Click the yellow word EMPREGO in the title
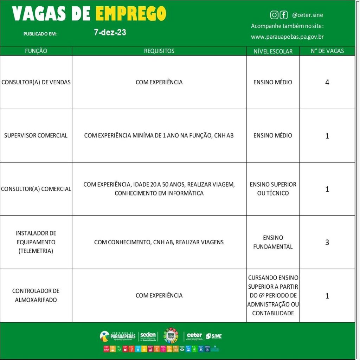pyautogui.click(x=131, y=14)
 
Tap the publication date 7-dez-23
pyautogui.click(x=110, y=33)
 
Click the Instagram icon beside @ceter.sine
pyautogui.click(x=274, y=15)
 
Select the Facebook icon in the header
pyautogui.click(x=283, y=15)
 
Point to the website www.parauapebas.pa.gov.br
pyautogui.click(x=287, y=37)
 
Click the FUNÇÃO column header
pyautogui.click(x=36, y=51)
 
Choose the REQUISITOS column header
pyautogui.click(x=159, y=51)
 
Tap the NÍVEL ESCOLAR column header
pyautogui.click(x=273, y=51)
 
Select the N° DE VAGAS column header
pyautogui.click(x=327, y=51)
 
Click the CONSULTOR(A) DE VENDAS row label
pyautogui.click(x=36, y=82)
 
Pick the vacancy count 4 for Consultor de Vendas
pyautogui.click(x=327, y=83)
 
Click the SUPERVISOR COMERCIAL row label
pyautogui.click(x=36, y=135)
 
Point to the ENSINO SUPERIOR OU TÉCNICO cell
pyautogui.click(x=273, y=189)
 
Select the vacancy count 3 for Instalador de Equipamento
pyautogui.click(x=327, y=242)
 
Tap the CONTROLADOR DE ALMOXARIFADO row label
pyautogui.click(x=36, y=296)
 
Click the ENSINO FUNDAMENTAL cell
pyautogui.click(x=273, y=242)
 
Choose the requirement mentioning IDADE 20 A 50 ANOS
pyautogui.click(x=159, y=189)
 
